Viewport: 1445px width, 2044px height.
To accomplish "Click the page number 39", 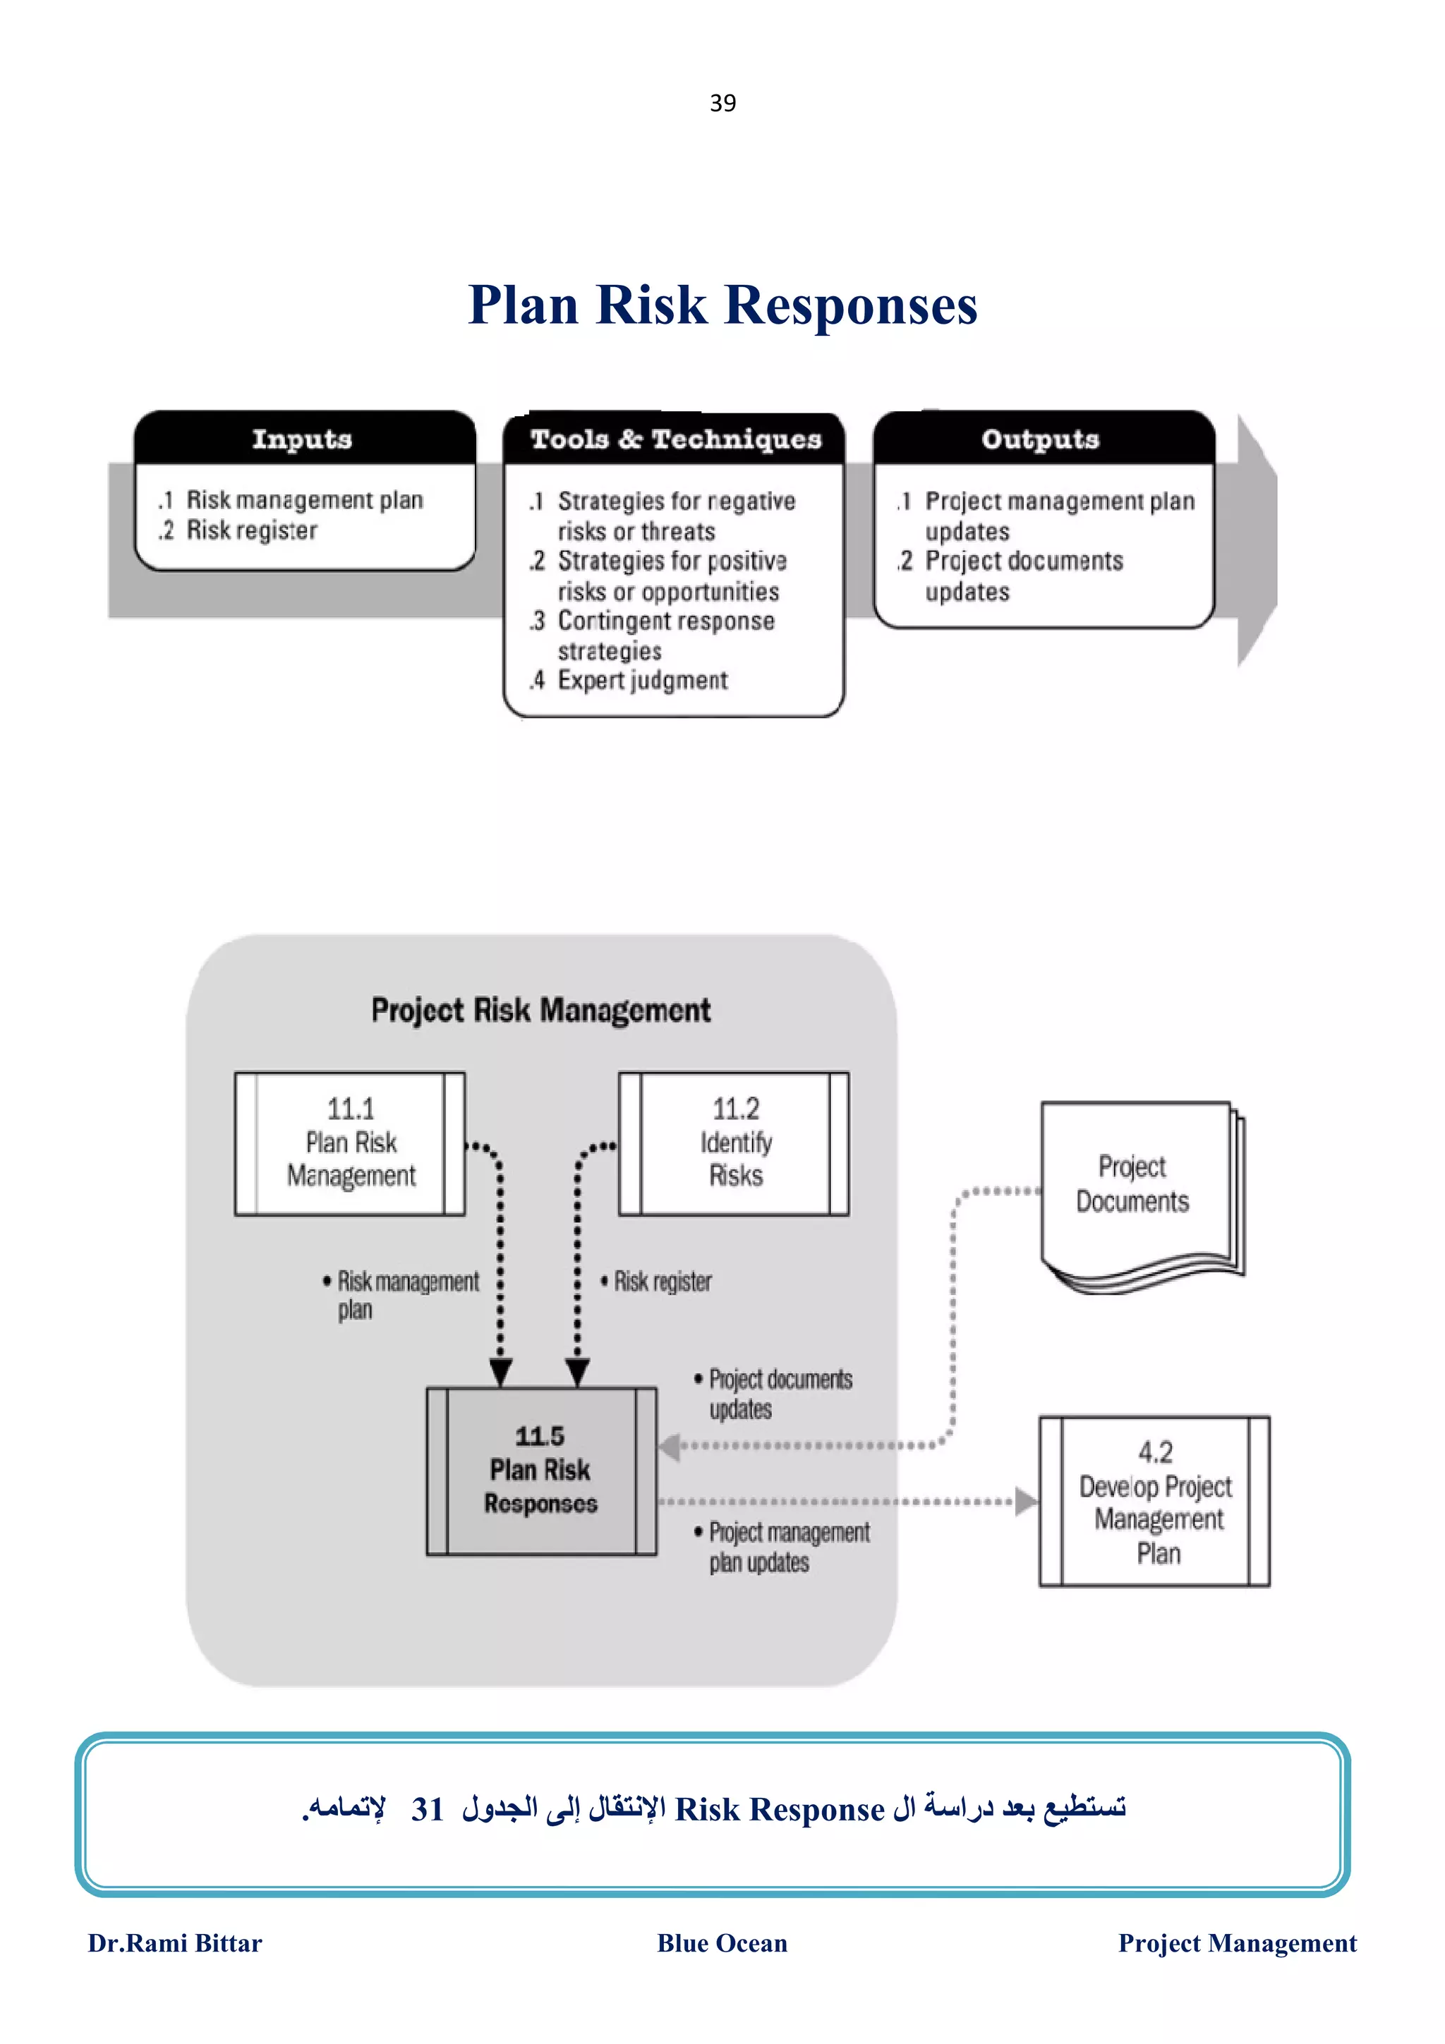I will (722, 103).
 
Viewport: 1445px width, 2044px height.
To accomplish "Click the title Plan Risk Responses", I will (722, 305).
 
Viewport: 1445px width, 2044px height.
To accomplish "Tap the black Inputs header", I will (303, 439).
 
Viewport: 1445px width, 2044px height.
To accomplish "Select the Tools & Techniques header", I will (675, 439).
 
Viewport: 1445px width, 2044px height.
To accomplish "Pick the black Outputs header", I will (1041, 439).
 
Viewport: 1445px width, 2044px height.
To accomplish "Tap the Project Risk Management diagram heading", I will (540, 1011).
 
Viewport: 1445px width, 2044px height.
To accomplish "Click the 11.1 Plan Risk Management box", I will (350, 1143).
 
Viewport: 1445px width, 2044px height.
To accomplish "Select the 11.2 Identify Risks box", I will (734, 1143).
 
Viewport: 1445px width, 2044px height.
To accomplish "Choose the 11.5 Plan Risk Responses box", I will (540, 1471).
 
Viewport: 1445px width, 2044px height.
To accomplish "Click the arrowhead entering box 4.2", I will (1026, 1501).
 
